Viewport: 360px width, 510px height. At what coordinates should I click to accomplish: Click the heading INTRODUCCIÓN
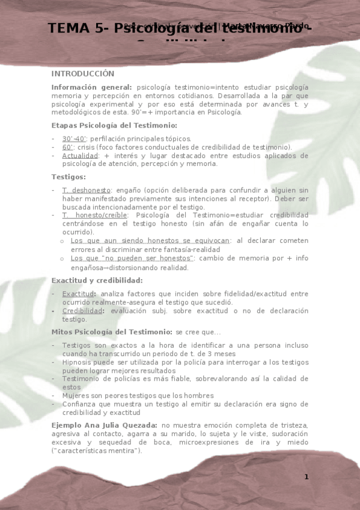(x=82, y=73)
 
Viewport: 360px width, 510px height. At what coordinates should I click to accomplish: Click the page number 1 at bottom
(x=306, y=477)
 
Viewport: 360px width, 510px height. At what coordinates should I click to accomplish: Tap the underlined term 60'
(x=67, y=147)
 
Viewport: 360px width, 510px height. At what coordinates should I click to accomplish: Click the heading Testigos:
(x=69, y=177)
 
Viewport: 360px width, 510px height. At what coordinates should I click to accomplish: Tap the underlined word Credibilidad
(x=83, y=311)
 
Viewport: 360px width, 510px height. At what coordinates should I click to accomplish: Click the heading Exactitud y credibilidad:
(x=97, y=280)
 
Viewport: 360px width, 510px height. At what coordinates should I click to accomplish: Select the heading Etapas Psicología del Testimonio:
(x=114, y=125)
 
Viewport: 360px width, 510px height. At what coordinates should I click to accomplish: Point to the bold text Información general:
(x=91, y=87)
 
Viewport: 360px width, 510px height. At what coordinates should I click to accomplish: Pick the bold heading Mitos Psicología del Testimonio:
(x=112, y=332)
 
